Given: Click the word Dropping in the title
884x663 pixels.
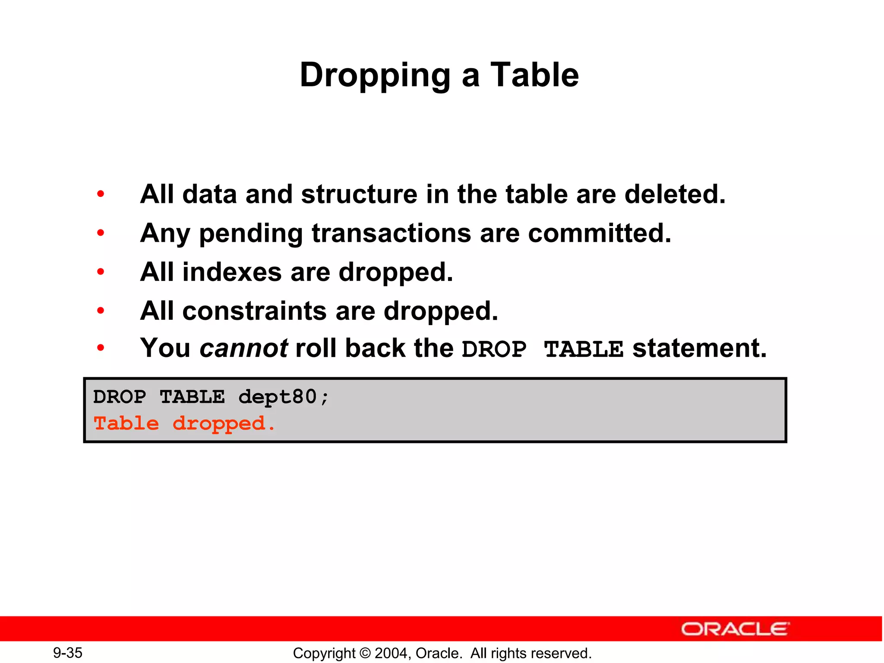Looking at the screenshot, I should [375, 76].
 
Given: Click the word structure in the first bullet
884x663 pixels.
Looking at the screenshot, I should [359, 194].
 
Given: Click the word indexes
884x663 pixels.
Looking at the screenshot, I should [232, 272].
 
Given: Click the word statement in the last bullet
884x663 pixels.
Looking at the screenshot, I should [699, 348].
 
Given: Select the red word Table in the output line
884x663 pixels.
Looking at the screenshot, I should [126, 423].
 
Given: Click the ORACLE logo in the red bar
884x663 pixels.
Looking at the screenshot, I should [735, 629].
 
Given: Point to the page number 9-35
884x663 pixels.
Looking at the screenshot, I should [68, 653].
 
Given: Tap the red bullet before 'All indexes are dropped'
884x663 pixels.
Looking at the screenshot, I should [101, 272].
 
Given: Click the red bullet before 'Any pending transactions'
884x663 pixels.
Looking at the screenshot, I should [101, 233].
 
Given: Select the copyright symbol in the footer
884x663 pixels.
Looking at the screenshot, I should [365, 653].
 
